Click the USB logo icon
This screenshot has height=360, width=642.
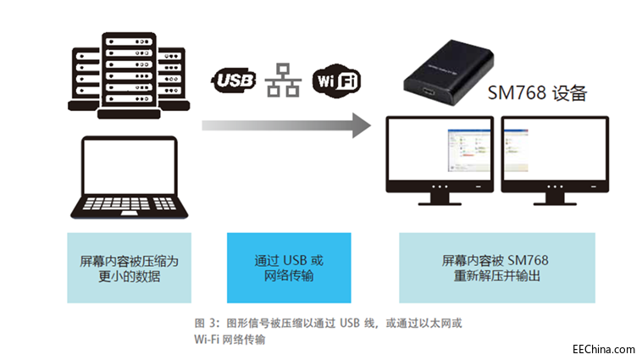pyautogui.click(x=232, y=80)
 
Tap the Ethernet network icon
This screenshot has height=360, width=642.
pyautogui.click(x=283, y=80)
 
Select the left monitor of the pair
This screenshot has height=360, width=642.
pyautogui.click(x=439, y=158)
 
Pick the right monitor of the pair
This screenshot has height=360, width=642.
pyautogui.click(x=555, y=158)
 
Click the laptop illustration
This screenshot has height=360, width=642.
pyautogui.click(x=129, y=178)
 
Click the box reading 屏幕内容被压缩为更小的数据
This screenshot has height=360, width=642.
pyautogui.click(x=129, y=268)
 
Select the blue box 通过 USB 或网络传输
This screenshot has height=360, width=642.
pyautogui.click(x=289, y=268)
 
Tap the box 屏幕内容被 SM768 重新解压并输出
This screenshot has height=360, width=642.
pyautogui.click(x=495, y=268)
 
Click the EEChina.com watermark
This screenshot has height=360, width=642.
pyautogui.click(x=603, y=348)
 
